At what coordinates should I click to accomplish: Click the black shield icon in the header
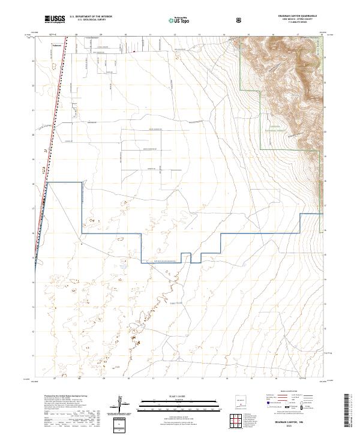click(x=240, y=20)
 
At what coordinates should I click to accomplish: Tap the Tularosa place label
click(x=58, y=45)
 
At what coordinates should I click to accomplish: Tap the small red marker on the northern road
click(x=134, y=51)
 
